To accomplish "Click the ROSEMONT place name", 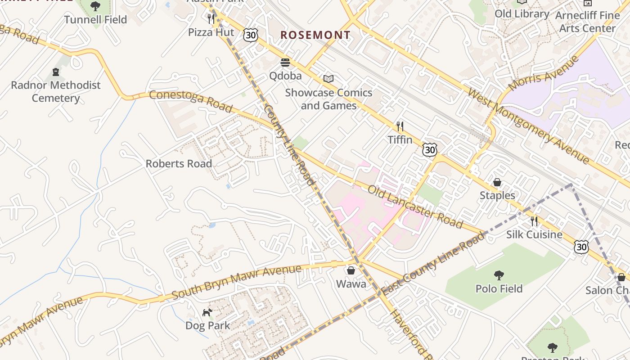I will pos(315,35).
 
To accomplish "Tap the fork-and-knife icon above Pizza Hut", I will pos(211,18).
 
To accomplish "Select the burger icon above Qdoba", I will pos(285,62).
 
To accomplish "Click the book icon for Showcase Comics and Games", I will pos(328,79).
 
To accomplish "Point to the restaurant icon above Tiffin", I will pos(400,126).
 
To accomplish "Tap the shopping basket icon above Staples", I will pos(497,182).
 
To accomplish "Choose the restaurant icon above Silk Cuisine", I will pos(534,221).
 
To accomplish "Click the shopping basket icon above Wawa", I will pos(351,270).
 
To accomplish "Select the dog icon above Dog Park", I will pos(207,312).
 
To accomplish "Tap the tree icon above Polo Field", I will pos(499,275).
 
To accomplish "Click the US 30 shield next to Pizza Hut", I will pos(251,35).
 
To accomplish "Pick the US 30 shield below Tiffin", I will pos(430,149).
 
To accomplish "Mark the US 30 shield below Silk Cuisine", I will pos(581,246).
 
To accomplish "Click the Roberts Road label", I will pos(179,163).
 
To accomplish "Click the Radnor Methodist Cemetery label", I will pos(56,91).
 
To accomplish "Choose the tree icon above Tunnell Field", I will pos(95,6).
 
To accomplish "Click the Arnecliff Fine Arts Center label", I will pos(587,22).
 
